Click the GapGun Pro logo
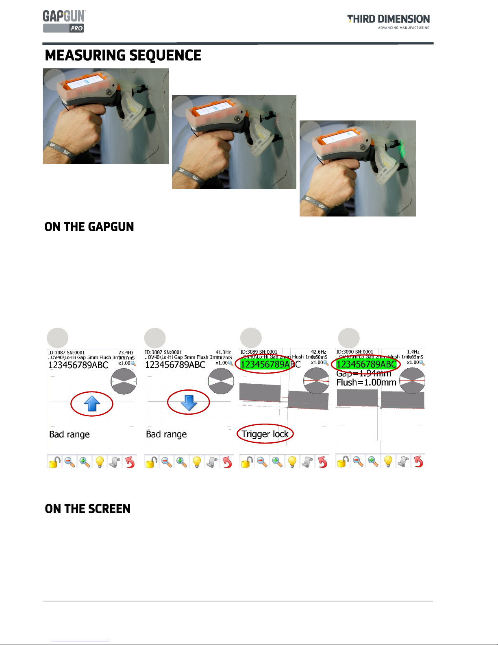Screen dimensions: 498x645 pyautogui.click(x=64, y=21)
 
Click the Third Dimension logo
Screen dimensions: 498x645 pyautogui.click(x=388, y=21)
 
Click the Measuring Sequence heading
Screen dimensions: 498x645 pyautogui.click(x=123, y=55)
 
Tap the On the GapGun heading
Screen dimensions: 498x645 pyautogui.click(x=89, y=227)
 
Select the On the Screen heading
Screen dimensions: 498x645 pyautogui.click(x=87, y=509)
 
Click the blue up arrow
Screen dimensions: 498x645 pyautogui.click(x=92, y=403)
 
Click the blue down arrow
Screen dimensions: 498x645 pyautogui.click(x=189, y=402)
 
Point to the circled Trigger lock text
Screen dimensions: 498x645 pyautogui.click(x=265, y=434)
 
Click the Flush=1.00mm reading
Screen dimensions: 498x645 pyautogui.click(x=366, y=383)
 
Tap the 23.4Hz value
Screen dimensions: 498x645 pyautogui.click(x=126, y=352)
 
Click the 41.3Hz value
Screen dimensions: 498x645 pyautogui.click(x=223, y=352)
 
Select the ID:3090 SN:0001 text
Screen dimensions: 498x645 pyautogui.click(x=354, y=352)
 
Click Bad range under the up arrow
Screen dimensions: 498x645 pyautogui.click(x=70, y=434)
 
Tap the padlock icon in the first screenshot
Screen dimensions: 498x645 pyautogui.click(x=54, y=462)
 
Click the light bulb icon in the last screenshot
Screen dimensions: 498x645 pyautogui.click(x=388, y=461)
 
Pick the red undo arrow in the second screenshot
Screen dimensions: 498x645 pyautogui.click(x=227, y=462)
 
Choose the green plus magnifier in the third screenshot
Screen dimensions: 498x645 pyautogui.click(x=277, y=462)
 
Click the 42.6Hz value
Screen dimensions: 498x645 pyautogui.click(x=319, y=352)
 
